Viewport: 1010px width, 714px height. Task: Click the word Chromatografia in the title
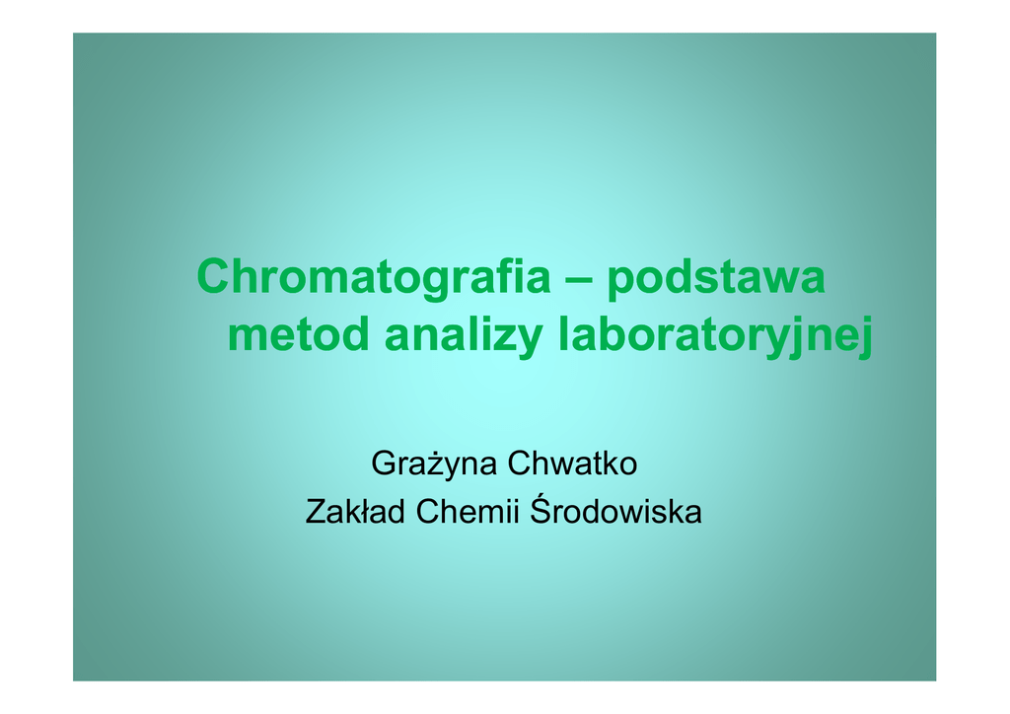[x=374, y=276]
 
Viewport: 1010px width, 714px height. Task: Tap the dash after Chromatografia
[x=579, y=280]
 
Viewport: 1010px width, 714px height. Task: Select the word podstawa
[x=716, y=278]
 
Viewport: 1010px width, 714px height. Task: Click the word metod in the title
[x=298, y=333]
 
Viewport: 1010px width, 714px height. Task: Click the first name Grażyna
[x=434, y=464]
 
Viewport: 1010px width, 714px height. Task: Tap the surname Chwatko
[x=572, y=464]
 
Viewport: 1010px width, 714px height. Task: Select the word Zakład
[x=355, y=512]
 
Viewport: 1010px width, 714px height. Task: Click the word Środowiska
[x=615, y=510]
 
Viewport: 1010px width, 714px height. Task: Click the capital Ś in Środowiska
[x=541, y=509]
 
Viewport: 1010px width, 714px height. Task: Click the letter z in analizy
[x=504, y=338]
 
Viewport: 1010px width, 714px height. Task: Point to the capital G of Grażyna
[x=384, y=464]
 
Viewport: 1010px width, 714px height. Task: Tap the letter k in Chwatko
[x=611, y=464]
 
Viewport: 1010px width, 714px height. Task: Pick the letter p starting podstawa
[x=619, y=283]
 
